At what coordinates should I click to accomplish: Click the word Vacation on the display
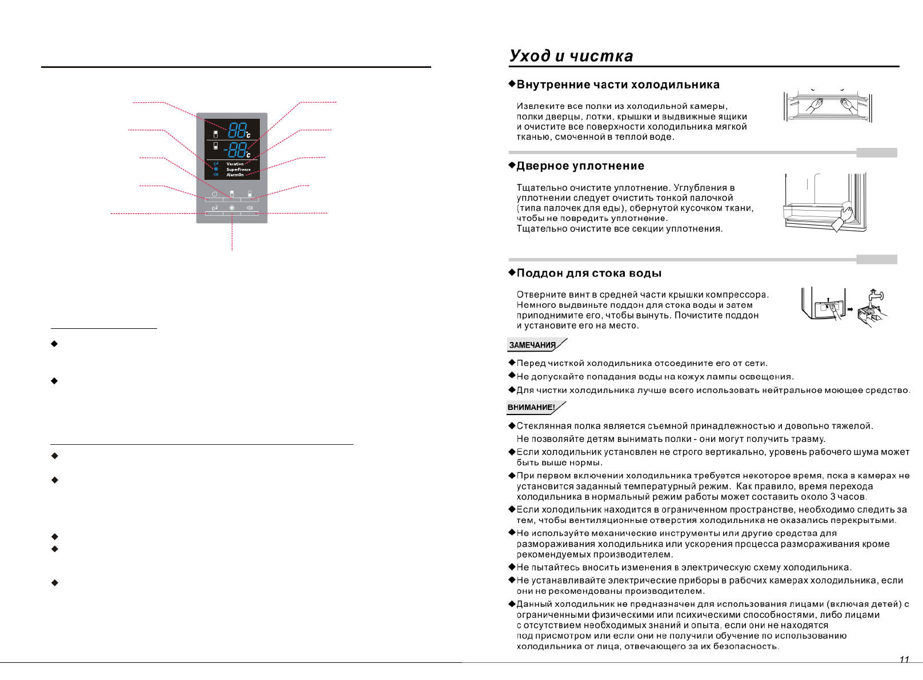(x=235, y=164)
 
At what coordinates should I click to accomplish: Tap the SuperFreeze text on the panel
(x=238, y=170)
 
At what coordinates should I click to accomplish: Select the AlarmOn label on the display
(x=235, y=175)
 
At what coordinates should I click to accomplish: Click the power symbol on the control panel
(x=214, y=194)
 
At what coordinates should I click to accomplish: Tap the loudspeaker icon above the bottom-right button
(x=250, y=208)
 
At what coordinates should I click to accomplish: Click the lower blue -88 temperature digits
(x=235, y=150)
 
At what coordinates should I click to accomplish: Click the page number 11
(x=904, y=660)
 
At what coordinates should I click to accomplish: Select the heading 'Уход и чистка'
(x=571, y=56)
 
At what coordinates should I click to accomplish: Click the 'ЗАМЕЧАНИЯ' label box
(x=533, y=345)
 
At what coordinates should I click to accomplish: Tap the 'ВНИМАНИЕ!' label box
(x=532, y=408)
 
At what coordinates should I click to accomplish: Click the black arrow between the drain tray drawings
(x=850, y=309)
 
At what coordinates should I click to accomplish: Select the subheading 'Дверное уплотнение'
(x=580, y=166)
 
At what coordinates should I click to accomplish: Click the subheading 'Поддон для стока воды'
(x=589, y=273)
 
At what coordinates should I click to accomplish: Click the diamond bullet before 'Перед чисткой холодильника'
(x=512, y=363)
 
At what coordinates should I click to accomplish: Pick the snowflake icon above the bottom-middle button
(x=232, y=208)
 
